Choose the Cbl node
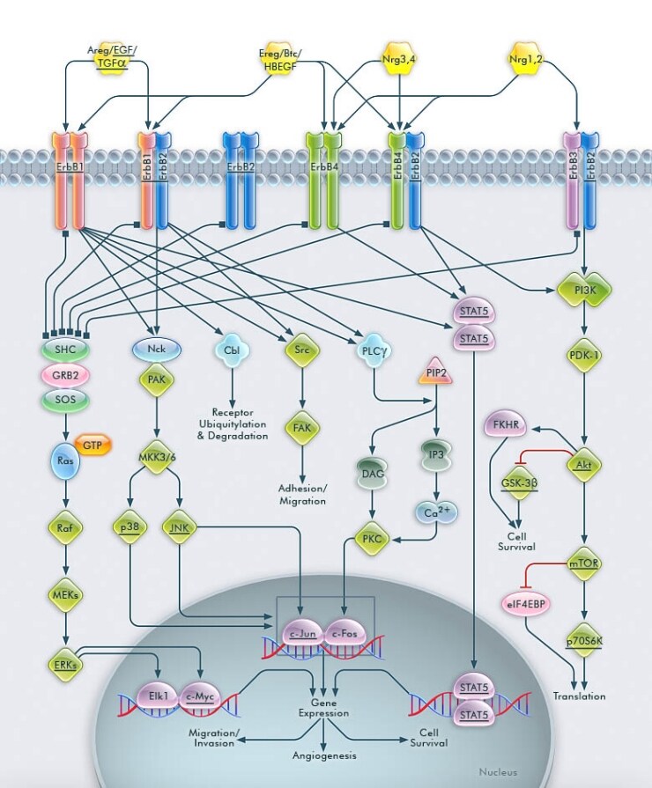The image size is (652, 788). pyautogui.click(x=233, y=350)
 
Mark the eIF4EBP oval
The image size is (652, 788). pyautogui.click(x=524, y=605)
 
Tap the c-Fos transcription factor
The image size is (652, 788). pyautogui.click(x=346, y=633)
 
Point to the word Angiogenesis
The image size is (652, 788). pyautogui.click(x=323, y=755)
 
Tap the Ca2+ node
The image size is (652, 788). pyautogui.click(x=437, y=512)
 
